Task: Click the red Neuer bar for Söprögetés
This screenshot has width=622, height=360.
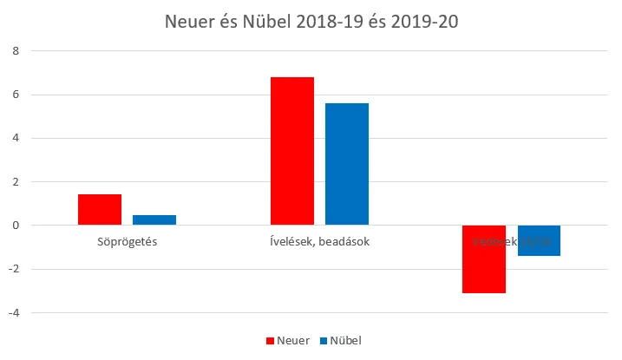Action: click(x=100, y=209)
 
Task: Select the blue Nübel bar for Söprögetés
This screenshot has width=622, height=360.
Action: click(x=154, y=219)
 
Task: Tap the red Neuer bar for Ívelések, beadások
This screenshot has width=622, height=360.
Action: click(x=292, y=151)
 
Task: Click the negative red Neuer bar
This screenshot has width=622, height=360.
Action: click(x=484, y=259)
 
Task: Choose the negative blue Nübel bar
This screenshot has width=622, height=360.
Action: click(x=539, y=240)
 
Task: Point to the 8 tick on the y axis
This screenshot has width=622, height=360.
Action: click(x=14, y=50)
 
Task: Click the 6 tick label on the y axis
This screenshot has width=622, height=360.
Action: click(x=14, y=95)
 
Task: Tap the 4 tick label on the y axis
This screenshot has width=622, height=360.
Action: click(x=14, y=138)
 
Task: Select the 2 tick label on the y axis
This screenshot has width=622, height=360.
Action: click(x=14, y=181)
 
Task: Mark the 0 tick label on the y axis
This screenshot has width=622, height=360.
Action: click(x=14, y=226)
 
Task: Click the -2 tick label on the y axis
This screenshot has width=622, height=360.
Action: click(x=12, y=269)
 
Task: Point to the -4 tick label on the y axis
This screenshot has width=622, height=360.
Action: click(x=12, y=312)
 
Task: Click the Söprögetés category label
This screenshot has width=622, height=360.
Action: click(x=127, y=241)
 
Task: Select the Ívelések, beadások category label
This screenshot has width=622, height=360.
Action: click(x=319, y=241)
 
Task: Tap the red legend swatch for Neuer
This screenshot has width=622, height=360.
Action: click(x=269, y=341)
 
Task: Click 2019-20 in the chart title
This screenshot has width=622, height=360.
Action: click(x=422, y=21)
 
